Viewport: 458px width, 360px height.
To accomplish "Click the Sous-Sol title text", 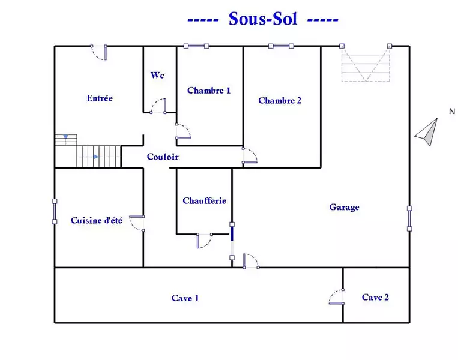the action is (263, 19).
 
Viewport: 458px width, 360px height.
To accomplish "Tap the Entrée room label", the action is (100, 98).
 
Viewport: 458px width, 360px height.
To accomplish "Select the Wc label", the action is (157, 76).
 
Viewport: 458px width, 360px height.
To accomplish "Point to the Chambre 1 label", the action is (209, 91).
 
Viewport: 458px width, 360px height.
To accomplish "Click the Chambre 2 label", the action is (280, 100).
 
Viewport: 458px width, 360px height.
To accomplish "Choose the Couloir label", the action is (163, 157).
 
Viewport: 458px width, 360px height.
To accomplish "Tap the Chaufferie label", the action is (205, 200).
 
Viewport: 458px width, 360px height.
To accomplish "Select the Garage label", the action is (344, 207).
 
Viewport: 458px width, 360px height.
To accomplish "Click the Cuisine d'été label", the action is (97, 220).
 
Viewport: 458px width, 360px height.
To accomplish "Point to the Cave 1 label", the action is (185, 298).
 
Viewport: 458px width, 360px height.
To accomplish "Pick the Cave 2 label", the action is (375, 297).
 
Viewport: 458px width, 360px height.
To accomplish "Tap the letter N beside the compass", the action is (452, 111).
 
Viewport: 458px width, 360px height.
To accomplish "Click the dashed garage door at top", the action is (366, 63).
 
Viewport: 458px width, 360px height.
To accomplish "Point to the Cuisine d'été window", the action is (55, 211).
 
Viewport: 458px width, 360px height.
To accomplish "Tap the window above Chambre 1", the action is (196, 46).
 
